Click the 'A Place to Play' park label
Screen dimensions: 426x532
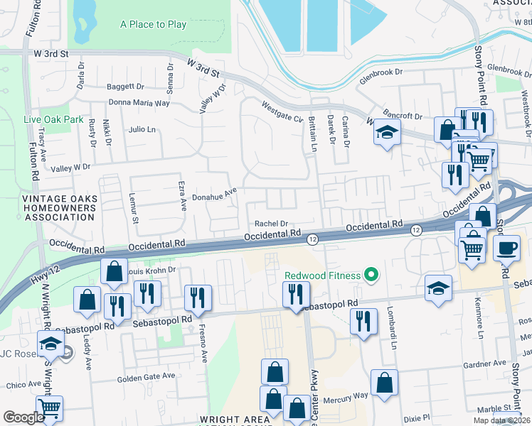click(153, 25)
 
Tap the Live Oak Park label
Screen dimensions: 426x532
click(53, 119)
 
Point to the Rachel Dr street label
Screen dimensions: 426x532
click(270, 223)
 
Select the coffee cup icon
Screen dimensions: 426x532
click(506, 248)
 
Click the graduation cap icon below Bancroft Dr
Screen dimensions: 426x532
click(386, 133)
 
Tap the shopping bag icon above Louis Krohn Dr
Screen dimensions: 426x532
click(114, 271)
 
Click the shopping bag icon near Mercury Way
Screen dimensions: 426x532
click(384, 383)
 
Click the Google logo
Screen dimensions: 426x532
click(23, 417)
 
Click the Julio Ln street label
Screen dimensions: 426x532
click(142, 130)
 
